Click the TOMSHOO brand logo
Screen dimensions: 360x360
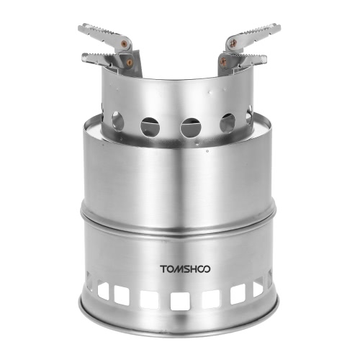(185, 269)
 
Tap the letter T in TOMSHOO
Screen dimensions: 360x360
(163, 269)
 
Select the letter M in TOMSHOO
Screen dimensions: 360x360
(179, 269)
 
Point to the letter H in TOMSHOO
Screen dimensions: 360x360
(193, 269)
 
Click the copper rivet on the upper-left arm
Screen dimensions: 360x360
(124, 44)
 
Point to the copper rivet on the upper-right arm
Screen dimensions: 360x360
(233, 43)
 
